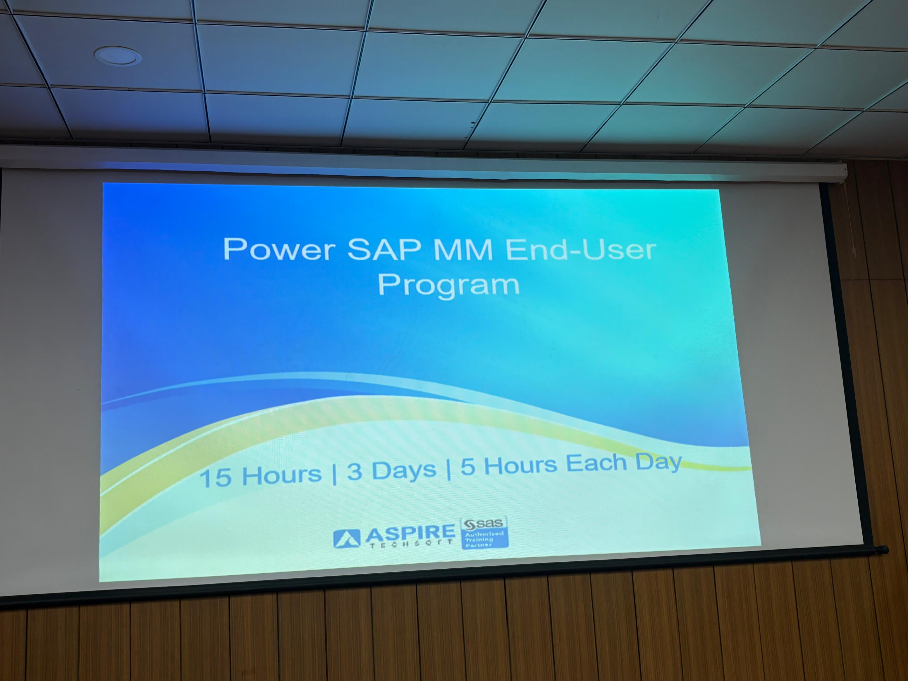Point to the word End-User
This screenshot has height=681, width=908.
580,249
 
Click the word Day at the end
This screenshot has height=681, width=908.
659,463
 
